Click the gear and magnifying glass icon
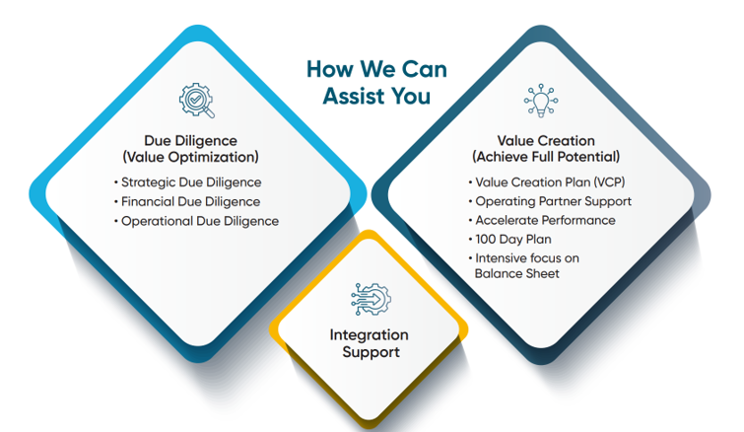(x=196, y=101)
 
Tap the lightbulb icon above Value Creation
(x=541, y=101)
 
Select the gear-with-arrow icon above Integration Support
(x=372, y=299)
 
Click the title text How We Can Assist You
(x=376, y=83)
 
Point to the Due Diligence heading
(x=191, y=141)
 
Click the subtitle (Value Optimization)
(x=191, y=157)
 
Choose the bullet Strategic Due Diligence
(x=191, y=182)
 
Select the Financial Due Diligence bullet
(x=191, y=202)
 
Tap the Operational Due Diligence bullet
(x=200, y=221)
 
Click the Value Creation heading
(x=546, y=141)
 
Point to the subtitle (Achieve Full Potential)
(x=546, y=157)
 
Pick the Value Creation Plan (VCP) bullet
(x=550, y=182)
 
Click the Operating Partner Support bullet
(x=553, y=201)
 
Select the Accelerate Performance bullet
(x=545, y=220)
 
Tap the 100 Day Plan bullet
(x=513, y=240)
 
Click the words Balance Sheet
(x=517, y=273)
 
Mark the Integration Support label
(x=370, y=343)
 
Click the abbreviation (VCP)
(x=609, y=182)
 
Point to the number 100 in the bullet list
(x=486, y=240)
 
